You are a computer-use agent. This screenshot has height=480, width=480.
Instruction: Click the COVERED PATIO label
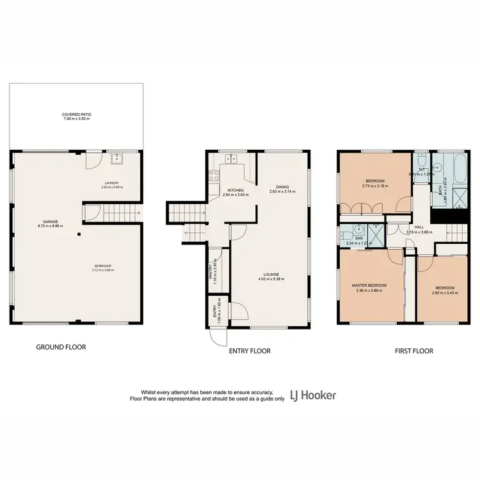pos(76,116)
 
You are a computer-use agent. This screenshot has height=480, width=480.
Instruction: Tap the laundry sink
pos(117,159)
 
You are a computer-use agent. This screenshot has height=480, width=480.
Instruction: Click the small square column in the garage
pos(79,234)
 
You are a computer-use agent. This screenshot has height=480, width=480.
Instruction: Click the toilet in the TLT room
pos(422,159)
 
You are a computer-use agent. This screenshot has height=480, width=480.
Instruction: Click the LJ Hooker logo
pos(313,395)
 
